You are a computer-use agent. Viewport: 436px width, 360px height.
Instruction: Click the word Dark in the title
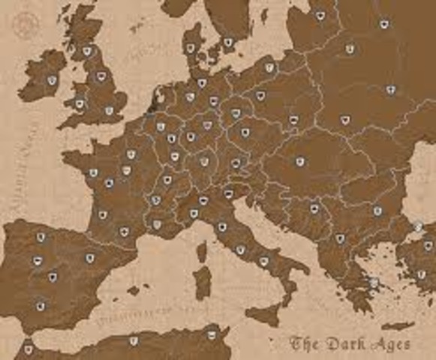coord(346,343)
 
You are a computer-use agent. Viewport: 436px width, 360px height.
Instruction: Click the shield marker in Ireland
coord(52,80)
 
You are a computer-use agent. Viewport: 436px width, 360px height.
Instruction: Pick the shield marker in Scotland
coord(87,51)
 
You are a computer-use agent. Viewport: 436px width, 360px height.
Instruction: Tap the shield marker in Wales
coord(80,103)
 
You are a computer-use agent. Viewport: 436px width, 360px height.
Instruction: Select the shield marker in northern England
coord(101,76)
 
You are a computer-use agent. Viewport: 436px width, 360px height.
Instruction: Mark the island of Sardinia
coord(203,283)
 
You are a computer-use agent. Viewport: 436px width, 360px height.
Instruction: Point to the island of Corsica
coord(200,250)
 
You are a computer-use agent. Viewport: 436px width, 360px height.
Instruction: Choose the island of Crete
coord(397,326)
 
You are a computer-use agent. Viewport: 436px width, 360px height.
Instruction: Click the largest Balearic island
coord(134,289)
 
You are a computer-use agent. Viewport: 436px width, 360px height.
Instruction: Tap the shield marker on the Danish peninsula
coord(191,48)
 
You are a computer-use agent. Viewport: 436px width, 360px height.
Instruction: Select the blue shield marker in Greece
coord(374,283)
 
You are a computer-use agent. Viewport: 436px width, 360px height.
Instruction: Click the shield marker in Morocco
coord(29,349)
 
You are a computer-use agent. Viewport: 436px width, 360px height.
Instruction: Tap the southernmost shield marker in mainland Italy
coord(263,261)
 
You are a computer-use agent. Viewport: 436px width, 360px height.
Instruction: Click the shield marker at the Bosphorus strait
coord(418,227)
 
